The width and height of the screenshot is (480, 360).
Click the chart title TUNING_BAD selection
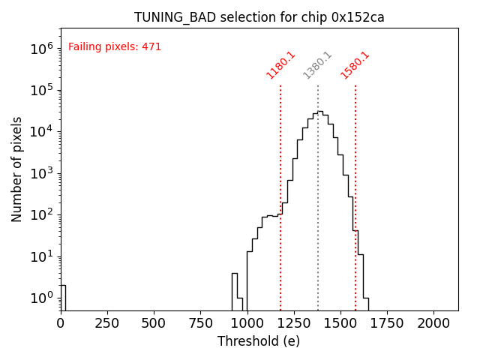coord(259,17)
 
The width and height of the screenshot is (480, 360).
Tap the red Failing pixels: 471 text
coord(115,47)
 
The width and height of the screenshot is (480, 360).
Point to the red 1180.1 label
coord(281,65)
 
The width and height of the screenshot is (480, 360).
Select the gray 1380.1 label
coord(318,65)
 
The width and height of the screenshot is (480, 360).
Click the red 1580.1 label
coord(355,65)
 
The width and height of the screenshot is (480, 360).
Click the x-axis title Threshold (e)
coord(259,341)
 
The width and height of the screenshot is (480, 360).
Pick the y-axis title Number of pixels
coord(17,169)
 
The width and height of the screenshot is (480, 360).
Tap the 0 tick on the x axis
coord(61,322)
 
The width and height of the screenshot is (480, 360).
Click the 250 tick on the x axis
coord(107,322)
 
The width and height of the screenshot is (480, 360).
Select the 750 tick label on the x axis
coord(200,322)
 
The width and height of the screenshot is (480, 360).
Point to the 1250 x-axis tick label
coord(294,322)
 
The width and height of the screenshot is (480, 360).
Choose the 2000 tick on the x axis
coord(433,322)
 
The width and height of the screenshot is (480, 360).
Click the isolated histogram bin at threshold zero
coord(63,297)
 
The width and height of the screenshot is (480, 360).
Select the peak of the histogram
coord(320,112)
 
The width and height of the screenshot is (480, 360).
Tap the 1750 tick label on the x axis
coord(387,322)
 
